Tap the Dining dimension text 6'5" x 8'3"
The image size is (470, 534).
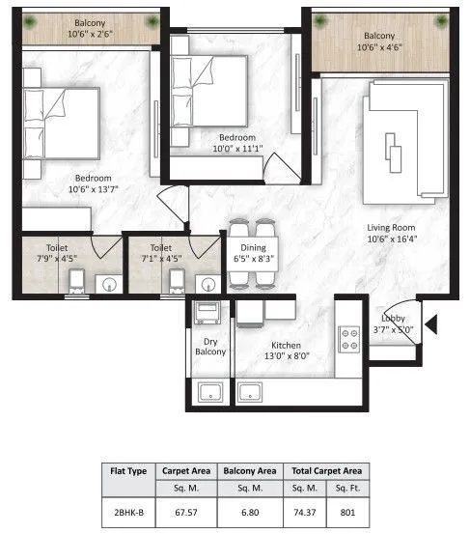[253, 259]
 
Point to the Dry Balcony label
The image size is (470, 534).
[210, 347]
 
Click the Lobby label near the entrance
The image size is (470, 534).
[392, 318]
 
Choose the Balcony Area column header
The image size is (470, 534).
[253, 471]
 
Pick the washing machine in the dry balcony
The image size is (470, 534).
[207, 314]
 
